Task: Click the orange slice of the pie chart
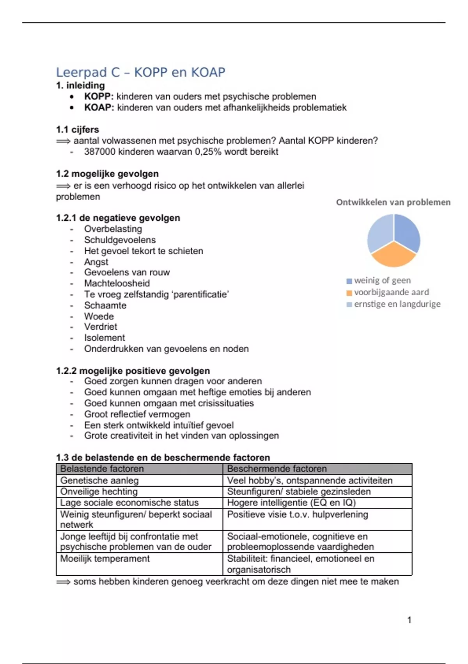pos(394,255)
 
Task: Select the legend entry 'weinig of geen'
pos(382,280)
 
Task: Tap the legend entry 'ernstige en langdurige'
pos(397,304)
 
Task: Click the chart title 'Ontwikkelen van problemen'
pos(393,202)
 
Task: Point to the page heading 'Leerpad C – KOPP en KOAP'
pos(141,72)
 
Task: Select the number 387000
pos(99,152)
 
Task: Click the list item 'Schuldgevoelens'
pos(120,240)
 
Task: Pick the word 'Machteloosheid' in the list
pos(117,283)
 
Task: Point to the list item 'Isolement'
pos(105,337)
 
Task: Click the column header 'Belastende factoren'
pos(102,469)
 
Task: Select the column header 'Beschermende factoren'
pos(277,469)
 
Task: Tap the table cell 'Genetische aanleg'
pos(99,480)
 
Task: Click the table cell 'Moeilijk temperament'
pos(105,559)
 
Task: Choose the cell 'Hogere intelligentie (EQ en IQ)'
pos(291,503)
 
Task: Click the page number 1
pos(409,620)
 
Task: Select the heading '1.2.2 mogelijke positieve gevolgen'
pos(133,371)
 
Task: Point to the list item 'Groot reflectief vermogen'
pos(137,414)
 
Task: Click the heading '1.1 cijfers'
pos(77,130)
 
